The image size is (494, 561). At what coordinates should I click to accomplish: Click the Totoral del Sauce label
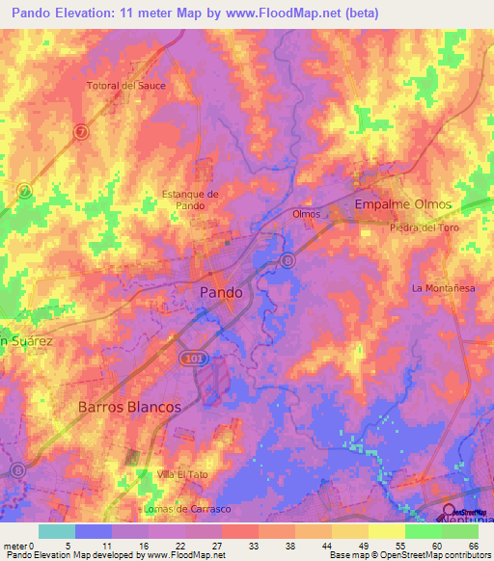pyautogui.click(x=126, y=86)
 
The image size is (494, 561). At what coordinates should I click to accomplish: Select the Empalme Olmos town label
pyautogui.click(x=403, y=205)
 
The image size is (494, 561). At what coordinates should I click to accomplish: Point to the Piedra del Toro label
pyautogui.click(x=425, y=227)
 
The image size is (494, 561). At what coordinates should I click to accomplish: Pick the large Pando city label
pyautogui.click(x=220, y=292)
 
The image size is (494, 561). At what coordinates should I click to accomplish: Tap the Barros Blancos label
pyautogui.click(x=129, y=407)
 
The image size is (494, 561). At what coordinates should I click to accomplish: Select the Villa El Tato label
pyautogui.click(x=183, y=474)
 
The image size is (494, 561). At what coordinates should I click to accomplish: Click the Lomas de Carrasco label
pyautogui.click(x=185, y=508)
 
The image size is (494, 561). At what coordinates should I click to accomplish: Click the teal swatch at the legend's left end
pyautogui.click(x=56, y=531)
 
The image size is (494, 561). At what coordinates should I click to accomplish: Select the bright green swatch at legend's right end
pyautogui.click(x=459, y=531)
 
